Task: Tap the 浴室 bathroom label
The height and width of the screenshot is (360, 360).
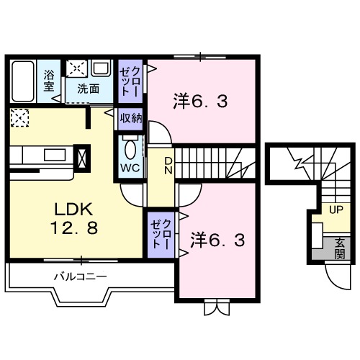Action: pyautogui.click(x=49, y=80)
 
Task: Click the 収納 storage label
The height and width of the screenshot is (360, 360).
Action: pyautogui.click(x=130, y=117)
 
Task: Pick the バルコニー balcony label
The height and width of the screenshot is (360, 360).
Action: pyautogui.click(x=81, y=276)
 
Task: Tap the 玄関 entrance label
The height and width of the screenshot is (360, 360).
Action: pyautogui.click(x=338, y=248)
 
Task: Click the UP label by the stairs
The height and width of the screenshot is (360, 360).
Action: pyautogui.click(x=335, y=210)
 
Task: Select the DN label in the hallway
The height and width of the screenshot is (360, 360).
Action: pyautogui.click(x=167, y=166)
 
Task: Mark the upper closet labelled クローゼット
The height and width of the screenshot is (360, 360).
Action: pyautogui.click(x=130, y=81)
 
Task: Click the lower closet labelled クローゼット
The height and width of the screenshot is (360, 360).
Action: pyautogui.click(x=160, y=233)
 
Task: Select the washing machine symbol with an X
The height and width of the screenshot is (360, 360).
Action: pyautogui.click(x=76, y=68)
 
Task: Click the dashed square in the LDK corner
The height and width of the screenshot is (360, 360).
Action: pyautogui.click(x=19, y=117)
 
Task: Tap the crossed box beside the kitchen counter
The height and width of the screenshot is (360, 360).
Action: pyautogui.click(x=81, y=156)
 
